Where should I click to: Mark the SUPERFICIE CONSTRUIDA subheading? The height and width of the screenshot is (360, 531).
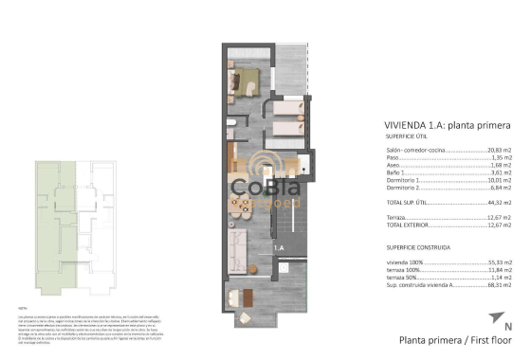[x=416, y=244]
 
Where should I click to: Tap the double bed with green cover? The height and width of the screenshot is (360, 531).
[x=247, y=78]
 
